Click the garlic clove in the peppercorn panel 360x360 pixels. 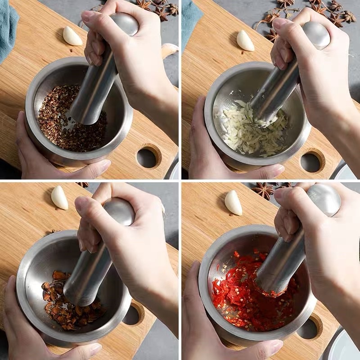(72, 36)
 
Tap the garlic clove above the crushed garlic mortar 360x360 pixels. (245, 40)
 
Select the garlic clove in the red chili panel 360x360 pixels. (233, 202)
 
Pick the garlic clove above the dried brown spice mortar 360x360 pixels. (59, 198)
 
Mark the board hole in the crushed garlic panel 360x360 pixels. (310, 162)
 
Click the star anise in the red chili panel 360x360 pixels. (263, 190)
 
